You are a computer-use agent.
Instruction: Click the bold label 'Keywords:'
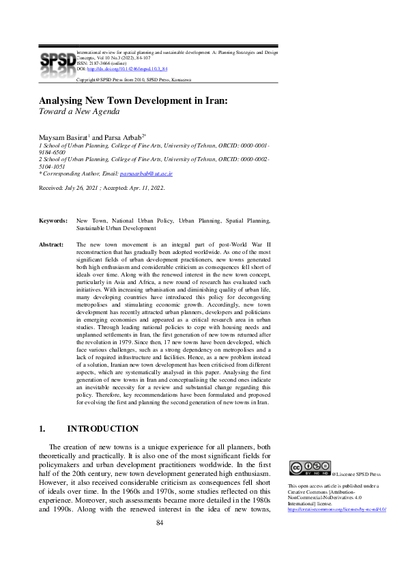53,221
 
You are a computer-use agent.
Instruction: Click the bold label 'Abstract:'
51,244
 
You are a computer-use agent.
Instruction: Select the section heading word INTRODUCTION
103,429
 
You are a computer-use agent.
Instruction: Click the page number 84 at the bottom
161,523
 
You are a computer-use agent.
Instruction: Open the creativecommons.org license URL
337,509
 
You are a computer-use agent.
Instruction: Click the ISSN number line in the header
102,64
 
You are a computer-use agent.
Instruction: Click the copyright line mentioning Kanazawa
133,80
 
